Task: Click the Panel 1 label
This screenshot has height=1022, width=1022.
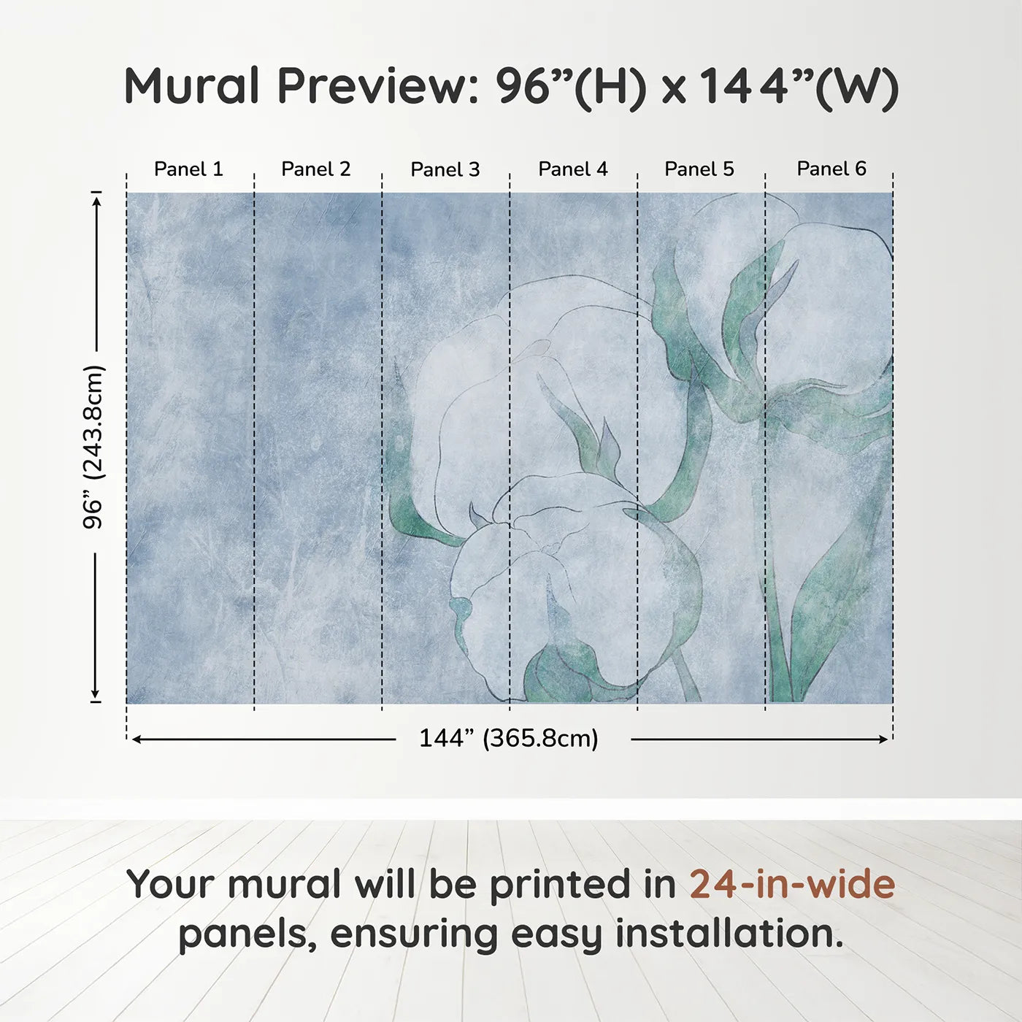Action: (188, 169)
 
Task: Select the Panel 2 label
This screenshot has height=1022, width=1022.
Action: (315, 169)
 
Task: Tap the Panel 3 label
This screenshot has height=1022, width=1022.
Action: (445, 170)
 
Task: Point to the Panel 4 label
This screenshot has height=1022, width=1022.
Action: (572, 169)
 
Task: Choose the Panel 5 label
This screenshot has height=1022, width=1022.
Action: (699, 169)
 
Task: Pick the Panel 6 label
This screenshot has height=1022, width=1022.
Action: (831, 169)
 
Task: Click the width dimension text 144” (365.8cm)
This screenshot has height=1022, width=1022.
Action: (508, 738)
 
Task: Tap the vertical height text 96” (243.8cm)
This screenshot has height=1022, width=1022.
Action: (93, 447)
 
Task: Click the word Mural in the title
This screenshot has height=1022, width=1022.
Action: (191, 86)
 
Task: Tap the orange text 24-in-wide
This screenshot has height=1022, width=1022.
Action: (792, 884)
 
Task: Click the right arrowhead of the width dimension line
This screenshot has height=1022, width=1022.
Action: (884, 739)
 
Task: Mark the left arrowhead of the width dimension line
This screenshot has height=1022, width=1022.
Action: (136, 739)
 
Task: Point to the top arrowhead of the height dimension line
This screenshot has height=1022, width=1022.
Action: (96, 199)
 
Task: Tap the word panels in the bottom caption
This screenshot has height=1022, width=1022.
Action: (247, 935)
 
